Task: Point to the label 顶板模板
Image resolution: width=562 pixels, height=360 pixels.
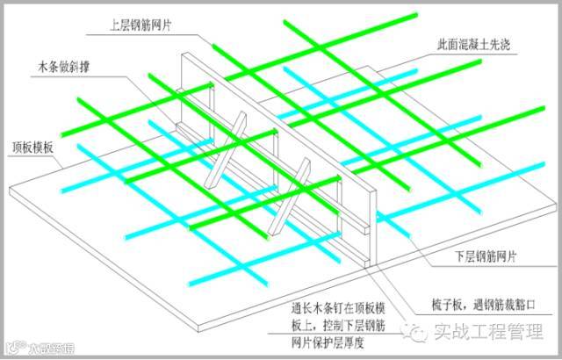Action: (32, 147)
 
